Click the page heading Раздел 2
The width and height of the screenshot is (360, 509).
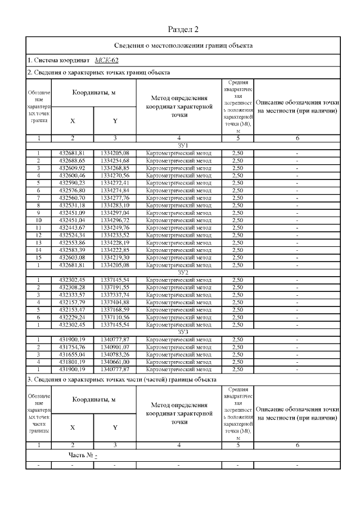tap(183, 29)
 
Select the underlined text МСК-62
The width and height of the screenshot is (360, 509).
tap(106, 60)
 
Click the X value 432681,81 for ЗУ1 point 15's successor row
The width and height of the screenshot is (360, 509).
tap(71, 265)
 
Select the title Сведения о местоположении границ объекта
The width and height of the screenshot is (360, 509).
tap(183, 46)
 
